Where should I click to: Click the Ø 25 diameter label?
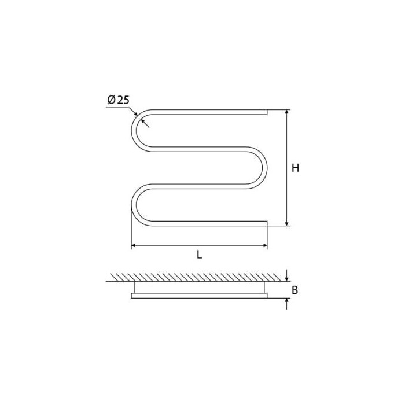point(118,100)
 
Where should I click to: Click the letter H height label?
point(295,168)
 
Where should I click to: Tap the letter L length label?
point(199,255)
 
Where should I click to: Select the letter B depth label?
point(294,290)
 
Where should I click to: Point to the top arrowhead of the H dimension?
point(286,112)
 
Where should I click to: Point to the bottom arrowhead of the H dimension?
point(286,223)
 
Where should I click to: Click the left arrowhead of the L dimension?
point(134,245)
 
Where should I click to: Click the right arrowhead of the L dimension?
point(264,245)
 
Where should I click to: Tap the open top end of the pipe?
point(267,112)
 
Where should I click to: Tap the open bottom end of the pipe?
point(267,224)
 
